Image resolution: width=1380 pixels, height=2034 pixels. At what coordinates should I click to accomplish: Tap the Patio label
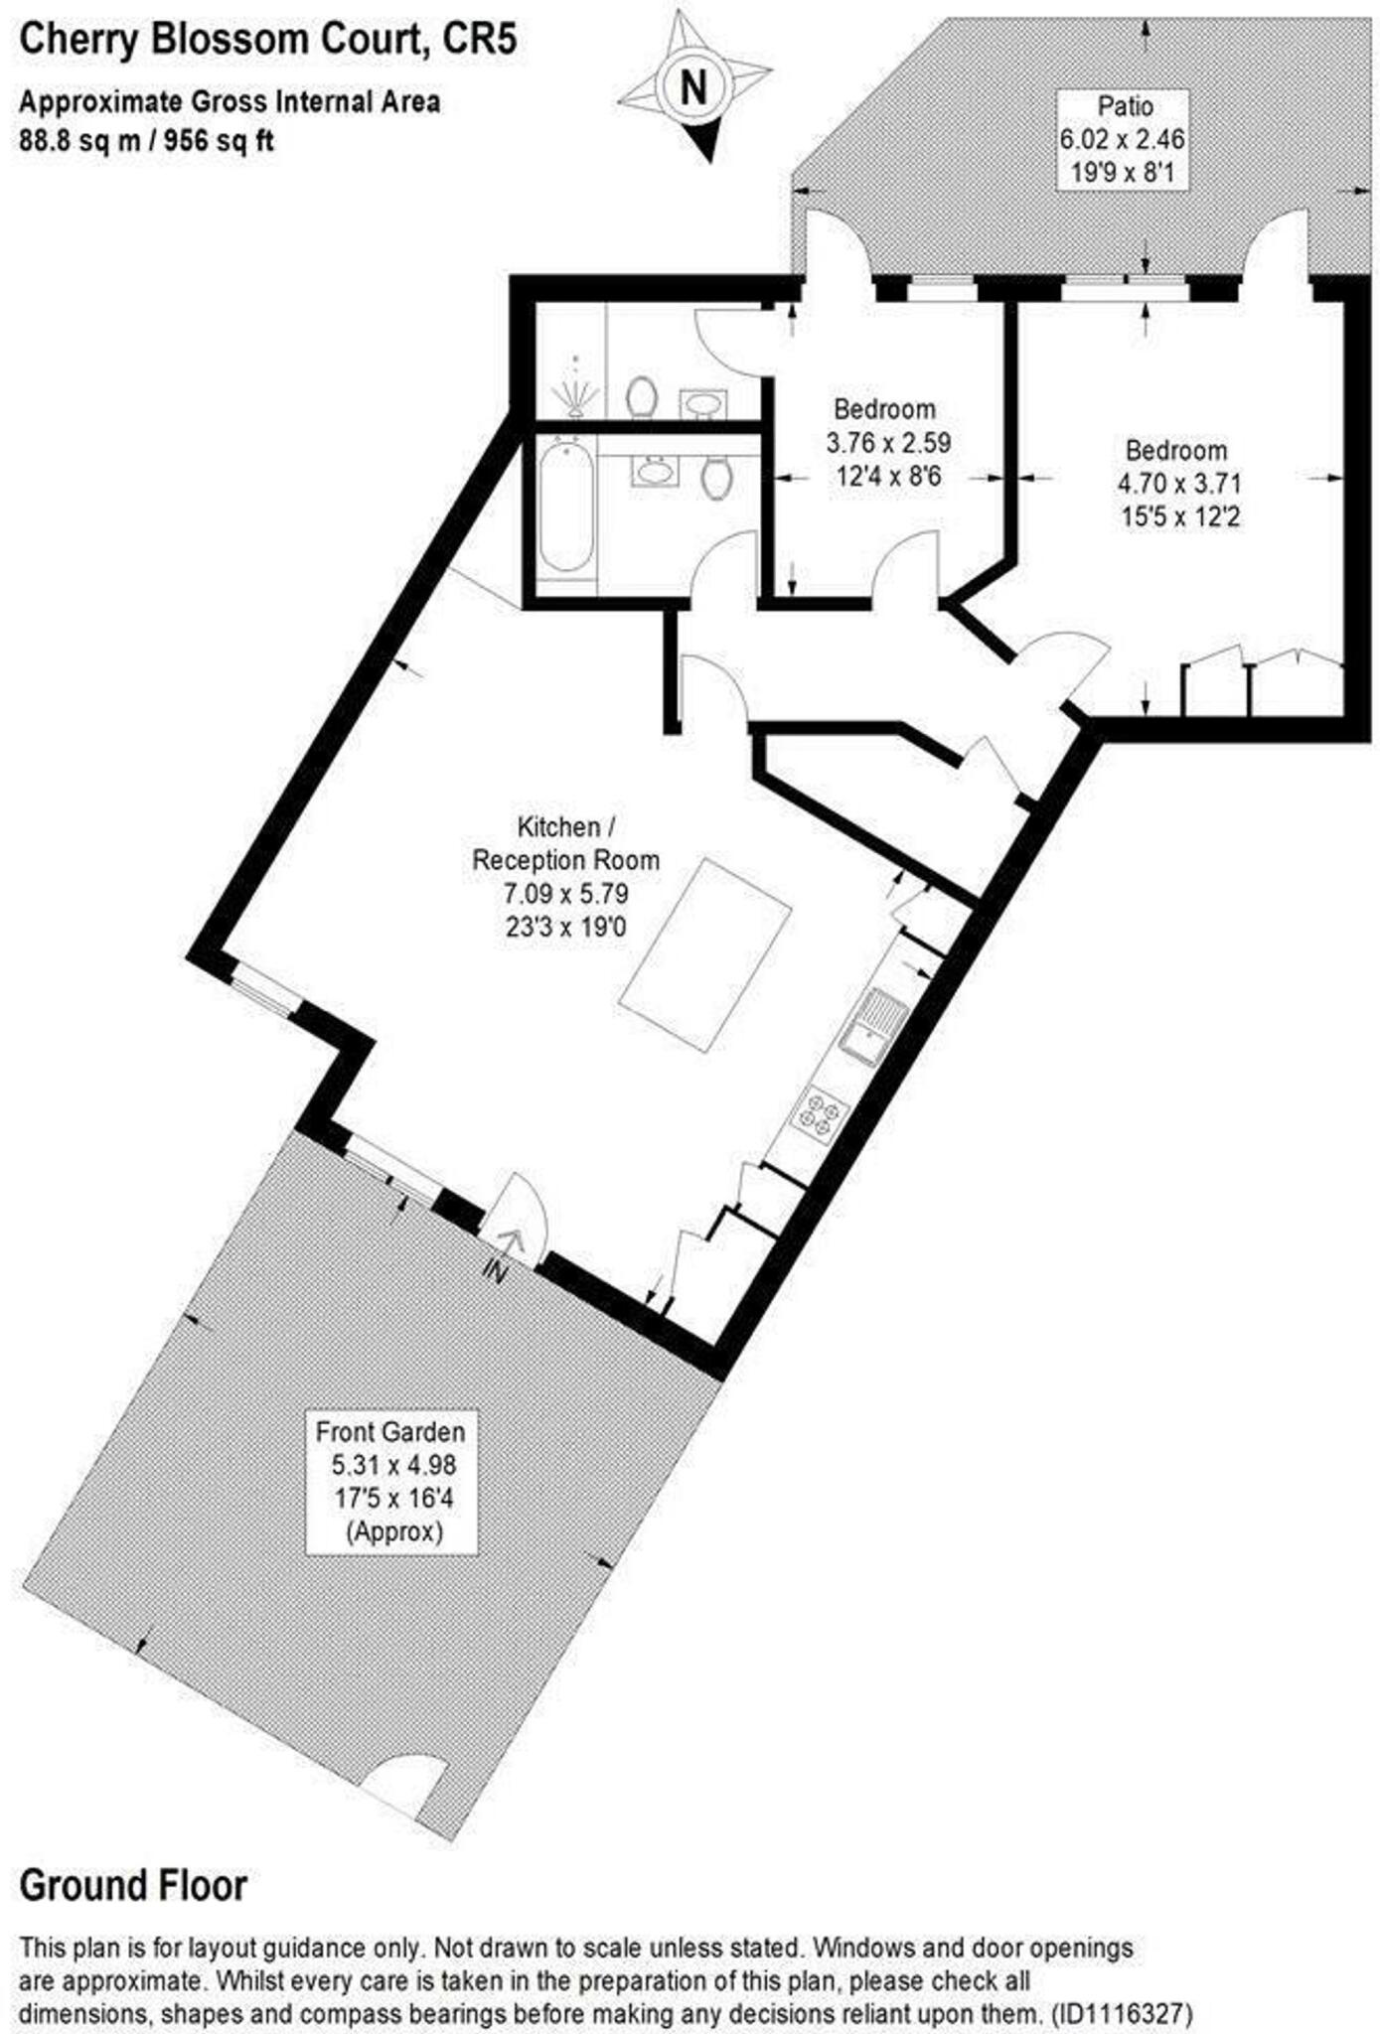click(x=1125, y=105)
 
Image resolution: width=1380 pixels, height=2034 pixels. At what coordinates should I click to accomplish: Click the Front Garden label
click(x=389, y=1431)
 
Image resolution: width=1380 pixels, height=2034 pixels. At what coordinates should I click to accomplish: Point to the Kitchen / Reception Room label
click(x=564, y=842)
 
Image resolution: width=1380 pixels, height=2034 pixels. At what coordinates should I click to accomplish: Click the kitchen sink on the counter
click(x=871, y=1025)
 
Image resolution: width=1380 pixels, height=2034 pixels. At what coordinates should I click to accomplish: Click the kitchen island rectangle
click(x=705, y=954)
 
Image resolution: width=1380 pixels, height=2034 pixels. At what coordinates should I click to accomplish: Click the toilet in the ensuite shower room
click(x=642, y=395)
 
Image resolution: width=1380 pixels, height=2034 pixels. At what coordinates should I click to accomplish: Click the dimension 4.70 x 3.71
click(x=1179, y=484)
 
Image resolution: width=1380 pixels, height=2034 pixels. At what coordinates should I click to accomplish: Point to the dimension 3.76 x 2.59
click(x=888, y=442)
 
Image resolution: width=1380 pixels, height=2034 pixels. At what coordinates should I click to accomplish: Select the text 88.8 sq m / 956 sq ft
click(x=146, y=141)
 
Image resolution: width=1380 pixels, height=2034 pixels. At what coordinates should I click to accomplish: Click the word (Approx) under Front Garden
click(x=393, y=1530)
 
